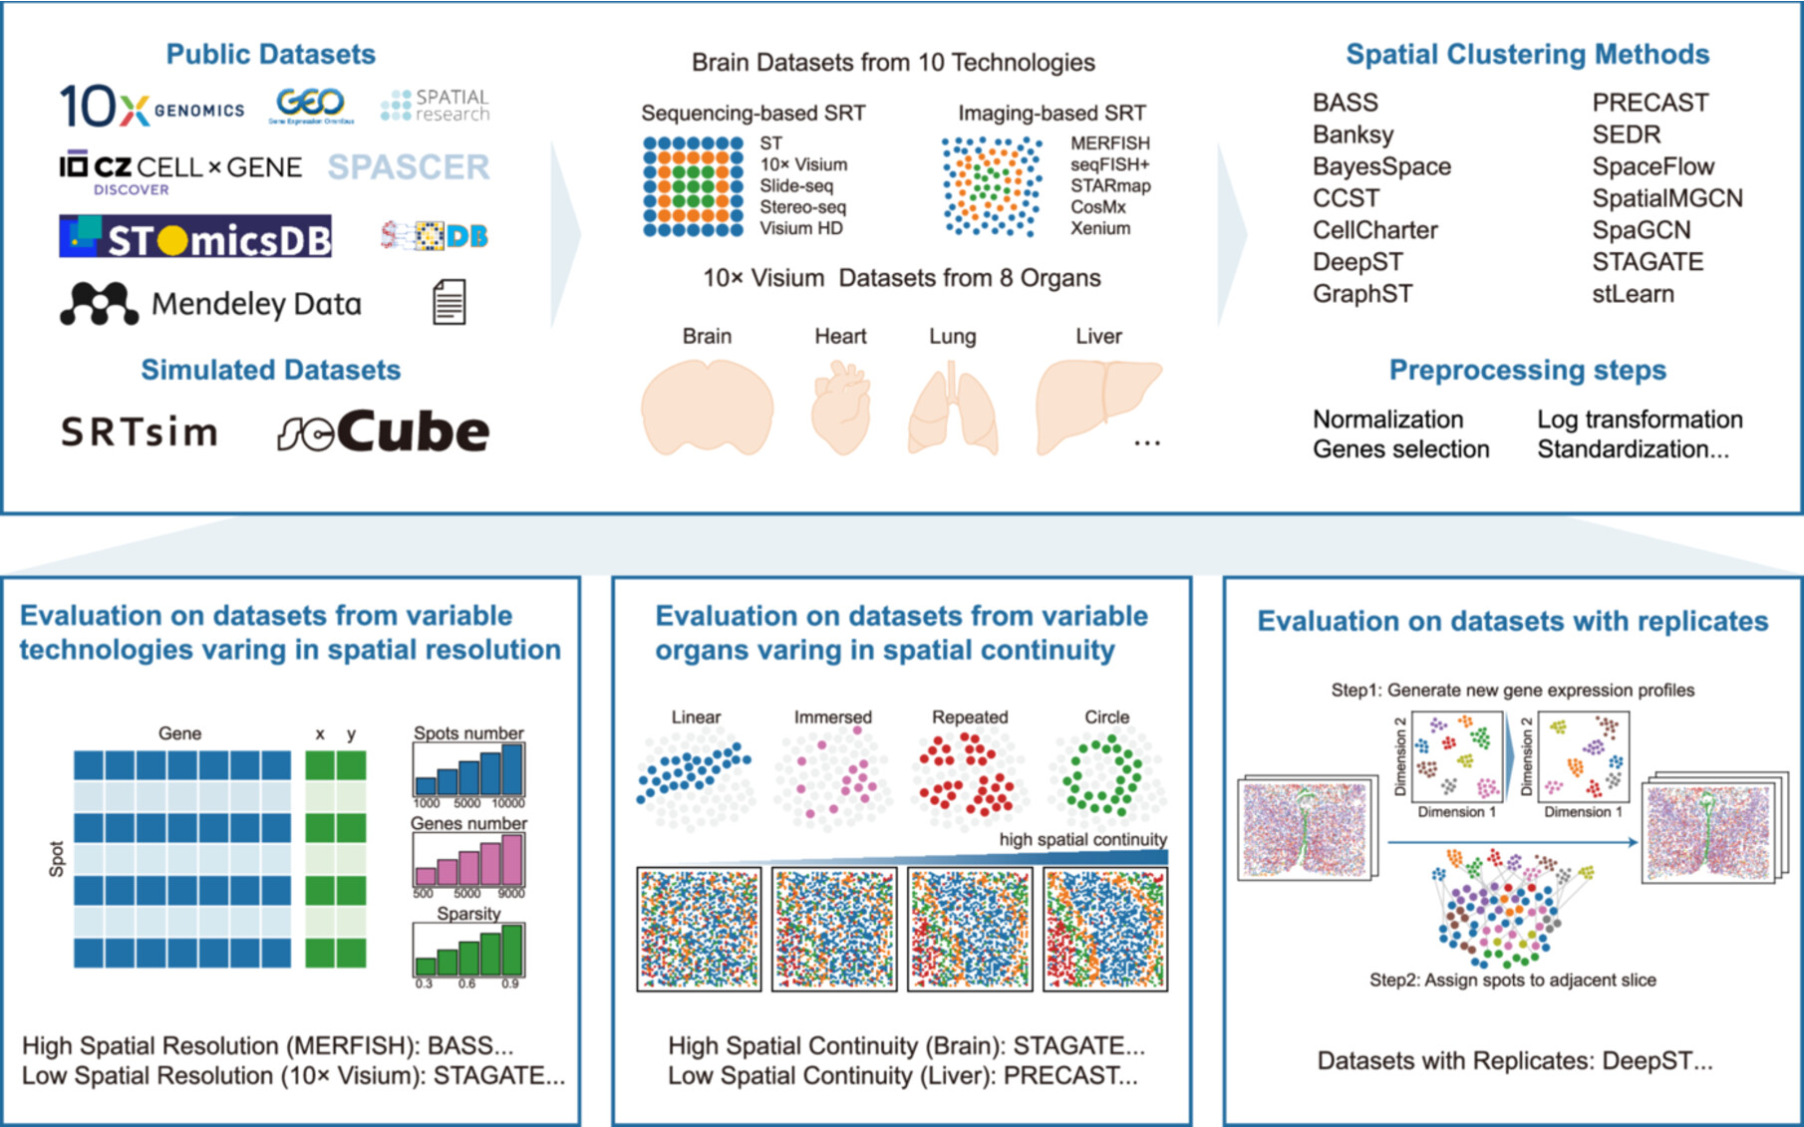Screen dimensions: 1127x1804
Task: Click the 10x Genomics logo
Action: [151, 106]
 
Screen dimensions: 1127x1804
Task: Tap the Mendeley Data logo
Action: [210, 303]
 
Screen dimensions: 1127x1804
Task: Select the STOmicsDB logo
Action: [195, 237]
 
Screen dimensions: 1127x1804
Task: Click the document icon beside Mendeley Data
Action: [449, 303]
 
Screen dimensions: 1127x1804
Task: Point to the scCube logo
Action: [384, 431]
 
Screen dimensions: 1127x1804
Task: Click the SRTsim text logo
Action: [139, 432]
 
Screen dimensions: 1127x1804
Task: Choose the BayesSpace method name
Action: [1381, 166]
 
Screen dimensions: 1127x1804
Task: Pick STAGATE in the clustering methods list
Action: [1648, 262]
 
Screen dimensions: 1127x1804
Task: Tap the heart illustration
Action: [840, 408]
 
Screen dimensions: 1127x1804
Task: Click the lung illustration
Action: [952, 410]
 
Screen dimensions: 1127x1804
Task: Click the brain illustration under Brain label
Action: [707, 408]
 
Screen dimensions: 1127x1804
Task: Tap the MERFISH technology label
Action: [1109, 143]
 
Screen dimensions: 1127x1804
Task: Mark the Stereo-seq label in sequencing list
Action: [802, 207]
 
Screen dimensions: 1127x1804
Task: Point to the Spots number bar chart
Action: [468, 769]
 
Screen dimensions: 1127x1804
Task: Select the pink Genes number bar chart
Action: [468, 860]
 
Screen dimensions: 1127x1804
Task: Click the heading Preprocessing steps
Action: [1527, 371]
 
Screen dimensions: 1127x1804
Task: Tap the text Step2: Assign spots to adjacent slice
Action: [1512, 981]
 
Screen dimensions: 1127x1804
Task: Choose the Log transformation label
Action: [1640, 420]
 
